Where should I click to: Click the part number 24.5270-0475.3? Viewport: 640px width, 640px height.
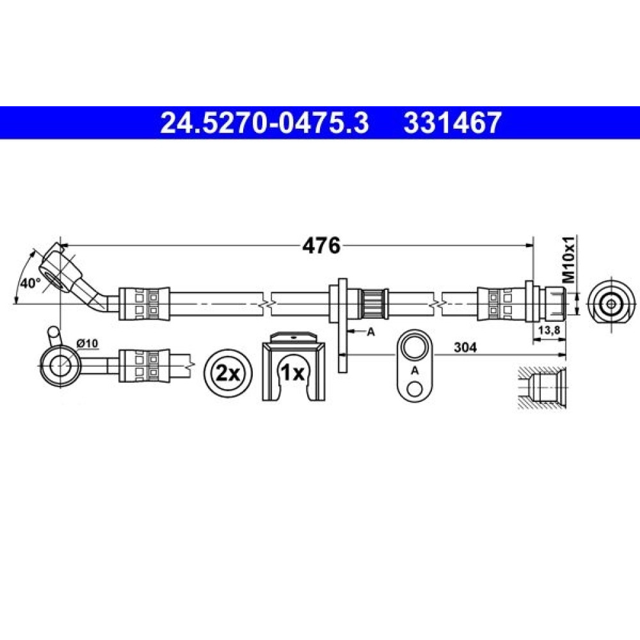[x=264, y=123]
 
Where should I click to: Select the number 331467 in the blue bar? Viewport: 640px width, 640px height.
[x=452, y=123]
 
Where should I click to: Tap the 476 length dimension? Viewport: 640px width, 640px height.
[x=321, y=246]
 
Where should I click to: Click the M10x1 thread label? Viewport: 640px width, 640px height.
[x=568, y=259]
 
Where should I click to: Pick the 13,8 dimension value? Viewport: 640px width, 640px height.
[x=549, y=331]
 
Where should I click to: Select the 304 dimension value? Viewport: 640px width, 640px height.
[x=465, y=348]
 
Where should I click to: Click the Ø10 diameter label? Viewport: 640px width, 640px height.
[x=87, y=344]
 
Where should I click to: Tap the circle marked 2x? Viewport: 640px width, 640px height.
[x=228, y=373]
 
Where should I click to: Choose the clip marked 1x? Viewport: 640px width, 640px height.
[x=294, y=365]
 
